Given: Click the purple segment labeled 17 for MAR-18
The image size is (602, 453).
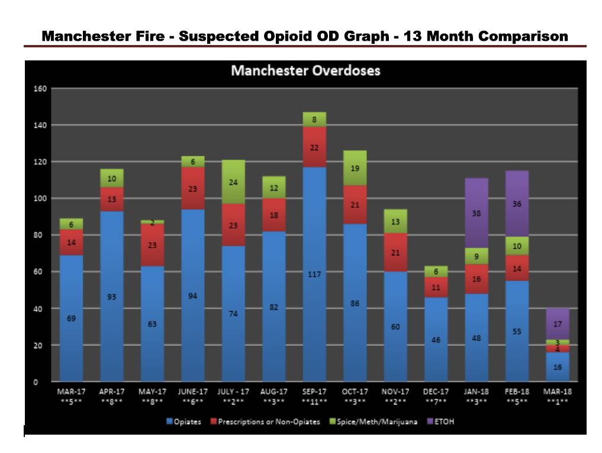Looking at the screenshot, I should point(557,324).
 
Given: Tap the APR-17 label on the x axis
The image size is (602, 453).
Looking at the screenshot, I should point(112,391).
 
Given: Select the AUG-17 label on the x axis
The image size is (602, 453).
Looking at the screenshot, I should point(273,391).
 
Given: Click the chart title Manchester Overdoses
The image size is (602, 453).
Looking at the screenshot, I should point(305,70).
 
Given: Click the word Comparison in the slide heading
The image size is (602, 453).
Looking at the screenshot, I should point(523,36).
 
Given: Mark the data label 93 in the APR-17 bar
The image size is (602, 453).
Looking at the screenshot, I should point(112,297).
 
